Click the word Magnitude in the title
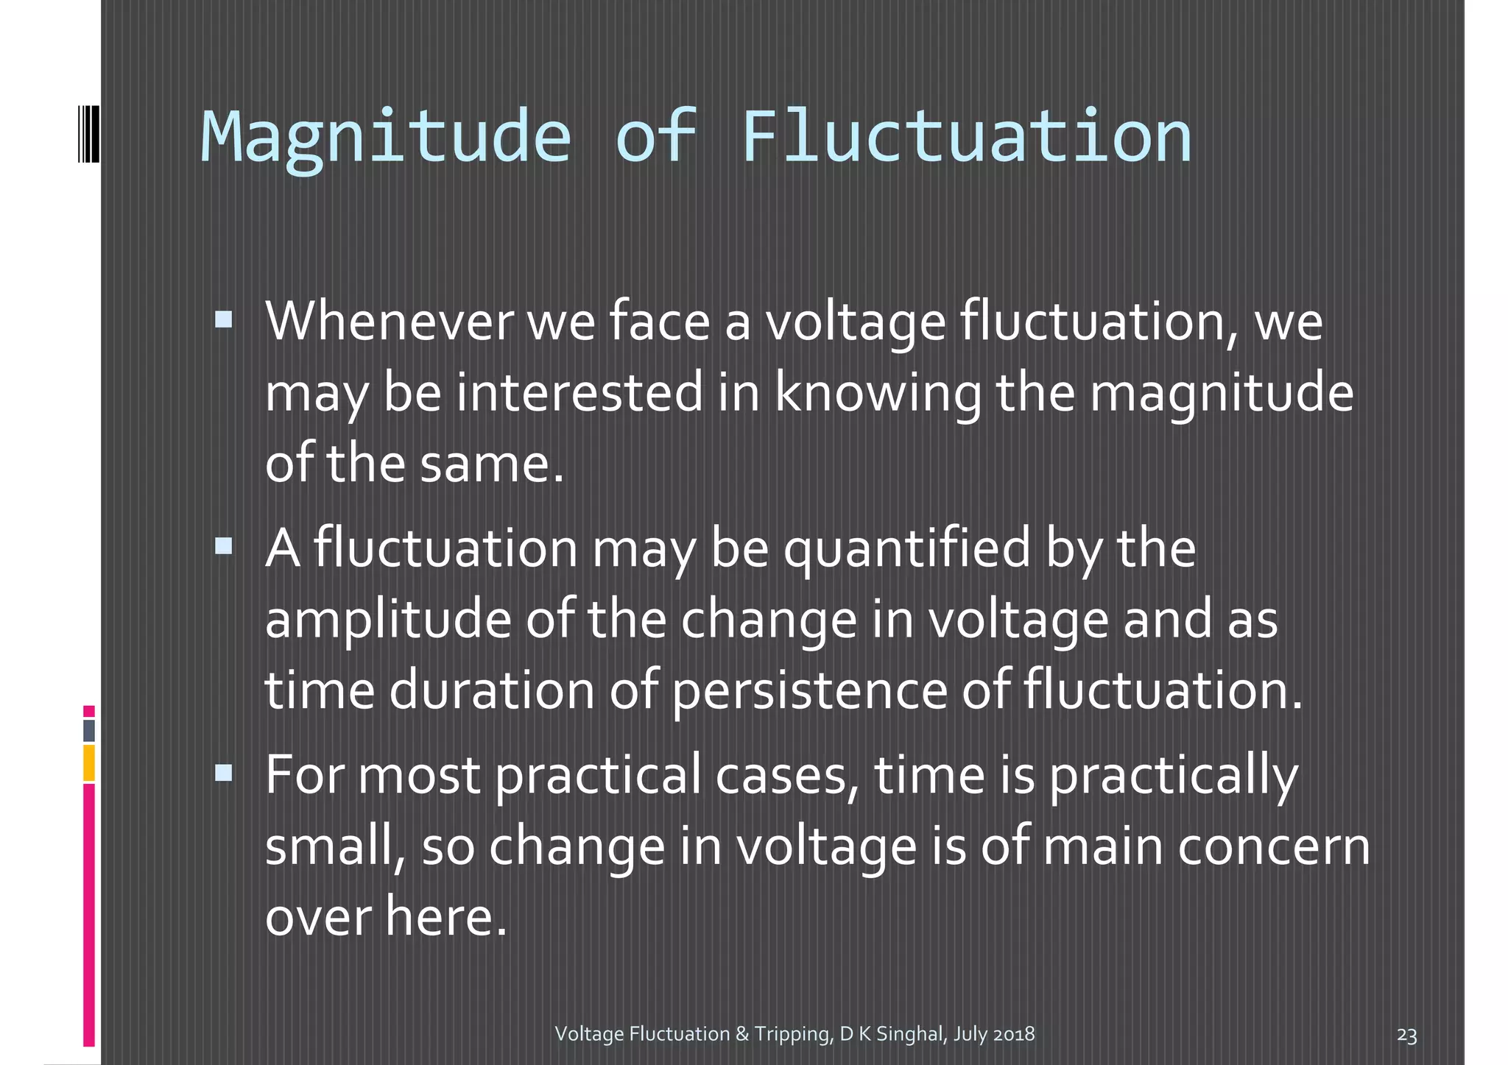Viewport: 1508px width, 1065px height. (386, 138)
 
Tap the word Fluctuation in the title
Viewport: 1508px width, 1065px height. (966, 138)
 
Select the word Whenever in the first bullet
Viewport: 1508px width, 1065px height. (389, 322)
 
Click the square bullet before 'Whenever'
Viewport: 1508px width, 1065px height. (224, 319)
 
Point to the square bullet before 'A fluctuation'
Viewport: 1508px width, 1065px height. (224, 545)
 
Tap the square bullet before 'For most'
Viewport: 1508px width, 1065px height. (224, 772)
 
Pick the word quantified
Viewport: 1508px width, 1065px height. (906, 549)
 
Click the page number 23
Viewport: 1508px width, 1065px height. (1406, 1036)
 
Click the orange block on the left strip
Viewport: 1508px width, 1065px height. (89, 763)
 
